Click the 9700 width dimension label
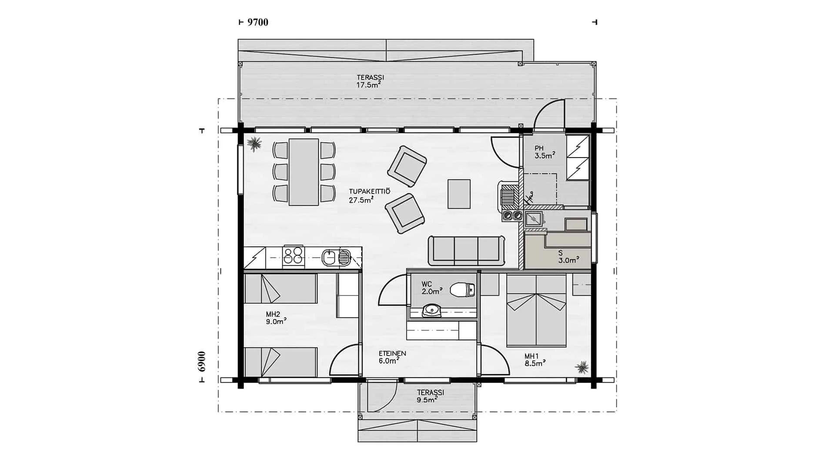point(258,22)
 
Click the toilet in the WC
point(462,289)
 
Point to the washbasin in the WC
point(431,310)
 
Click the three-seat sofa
point(466,251)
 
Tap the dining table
point(304,172)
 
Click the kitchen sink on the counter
point(336,258)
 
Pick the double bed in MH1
point(537,311)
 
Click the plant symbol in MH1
point(581,368)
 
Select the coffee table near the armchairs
point(459,194)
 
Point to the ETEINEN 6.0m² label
point(392,357)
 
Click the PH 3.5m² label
point(545,152)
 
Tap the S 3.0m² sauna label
point(568,257)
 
